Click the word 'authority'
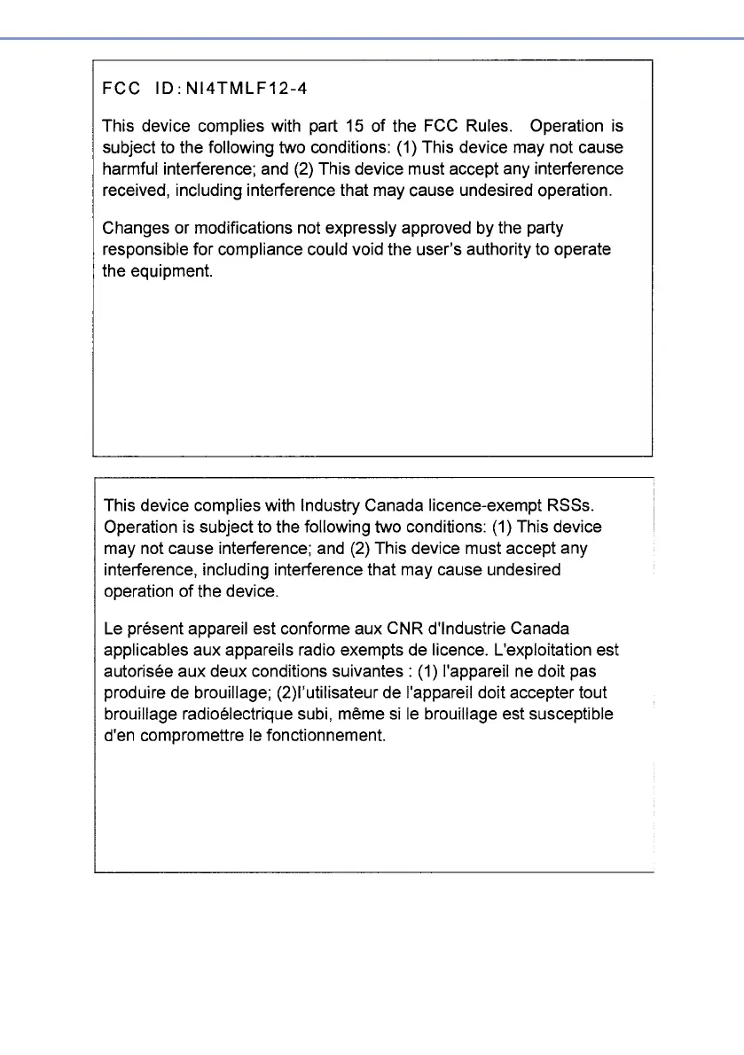point(494,249)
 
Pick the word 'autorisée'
point(141,671)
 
